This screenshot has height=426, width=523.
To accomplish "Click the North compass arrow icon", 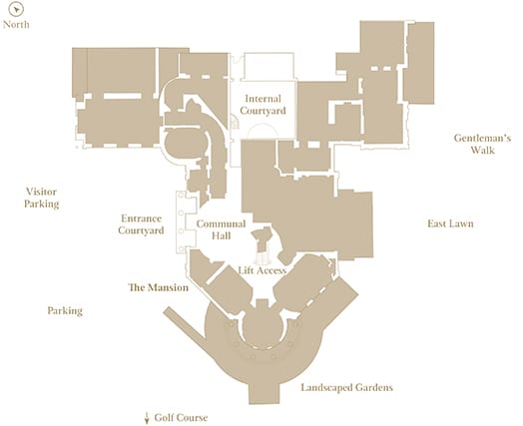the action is point(16,9).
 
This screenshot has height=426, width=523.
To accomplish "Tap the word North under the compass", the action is point(16,24).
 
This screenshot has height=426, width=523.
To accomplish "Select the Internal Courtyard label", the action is point(262,105).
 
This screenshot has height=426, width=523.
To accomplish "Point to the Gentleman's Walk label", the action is point(482,144).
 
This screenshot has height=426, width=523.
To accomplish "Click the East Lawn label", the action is point(450,223).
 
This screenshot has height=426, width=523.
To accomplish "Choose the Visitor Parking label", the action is point(42,198).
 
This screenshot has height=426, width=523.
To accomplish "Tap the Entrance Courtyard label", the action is point(141,224).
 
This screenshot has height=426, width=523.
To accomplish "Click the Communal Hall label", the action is point(221,229).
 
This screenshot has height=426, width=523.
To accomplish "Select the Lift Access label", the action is point(262,270).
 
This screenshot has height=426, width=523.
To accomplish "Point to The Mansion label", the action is point(159,287).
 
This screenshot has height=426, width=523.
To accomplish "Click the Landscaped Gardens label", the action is point(347,387).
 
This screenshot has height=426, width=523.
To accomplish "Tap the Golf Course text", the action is point(181,418).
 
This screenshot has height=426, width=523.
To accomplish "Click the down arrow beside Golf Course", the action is point(147,418).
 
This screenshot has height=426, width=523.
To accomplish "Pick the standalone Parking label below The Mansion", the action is point(65,310).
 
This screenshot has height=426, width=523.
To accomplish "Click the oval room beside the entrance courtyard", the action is point(186,143).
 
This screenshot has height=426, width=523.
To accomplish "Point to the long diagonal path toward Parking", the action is point(185,324).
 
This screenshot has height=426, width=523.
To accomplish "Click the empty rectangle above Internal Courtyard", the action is point(268,66).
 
